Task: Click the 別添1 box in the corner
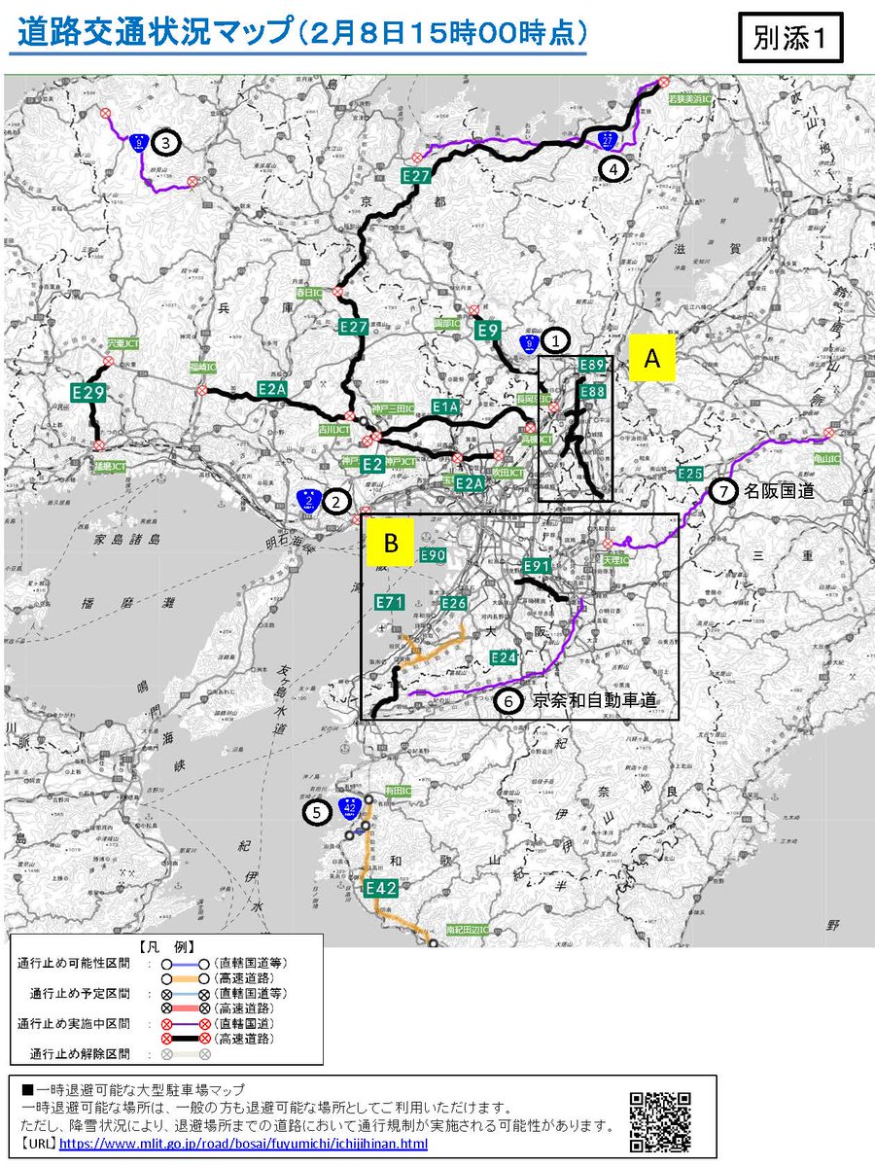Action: (x=789, y=38)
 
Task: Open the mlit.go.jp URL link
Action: (x=243, y=1144)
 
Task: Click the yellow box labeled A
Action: (x=652, y=358)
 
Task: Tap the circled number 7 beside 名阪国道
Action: (x=723, y=491)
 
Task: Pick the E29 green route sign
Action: (x=88, y=393)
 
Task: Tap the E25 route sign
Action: (x=690, y=474)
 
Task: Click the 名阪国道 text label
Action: (x=778, y=491)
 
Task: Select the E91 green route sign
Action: (x=537, y=566)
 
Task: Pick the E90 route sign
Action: (x=433, y=554)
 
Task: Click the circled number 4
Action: (x=612, y=168)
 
